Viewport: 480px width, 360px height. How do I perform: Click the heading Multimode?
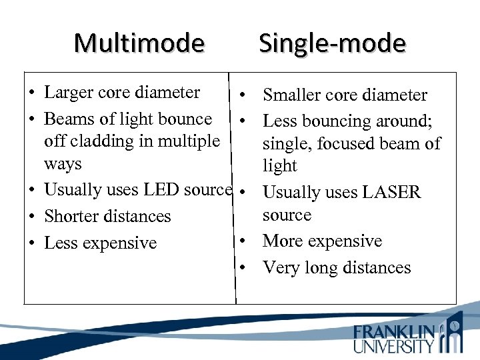139,43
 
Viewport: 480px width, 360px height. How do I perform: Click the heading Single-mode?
332,43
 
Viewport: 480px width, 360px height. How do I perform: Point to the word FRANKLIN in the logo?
394,331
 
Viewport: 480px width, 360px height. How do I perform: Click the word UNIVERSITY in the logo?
394,346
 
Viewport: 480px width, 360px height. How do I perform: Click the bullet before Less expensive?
31,244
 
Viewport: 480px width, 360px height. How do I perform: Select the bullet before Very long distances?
245,268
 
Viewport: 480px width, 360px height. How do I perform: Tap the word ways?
63,164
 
